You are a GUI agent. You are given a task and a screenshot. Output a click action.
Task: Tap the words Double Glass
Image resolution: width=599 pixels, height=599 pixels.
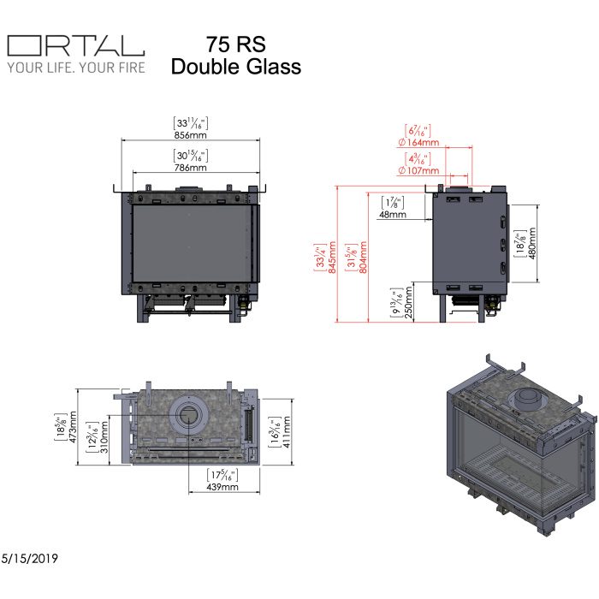point(236,67)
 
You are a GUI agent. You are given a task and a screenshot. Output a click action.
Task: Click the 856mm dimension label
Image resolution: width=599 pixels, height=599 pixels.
point(193,135)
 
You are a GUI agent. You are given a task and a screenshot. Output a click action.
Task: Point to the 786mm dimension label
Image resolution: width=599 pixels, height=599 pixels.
point(193,169)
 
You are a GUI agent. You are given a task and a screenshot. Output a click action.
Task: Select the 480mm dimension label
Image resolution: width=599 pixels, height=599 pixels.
point(531,244)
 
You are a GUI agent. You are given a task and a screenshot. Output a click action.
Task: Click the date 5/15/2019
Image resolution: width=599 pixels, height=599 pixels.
point(30,558)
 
